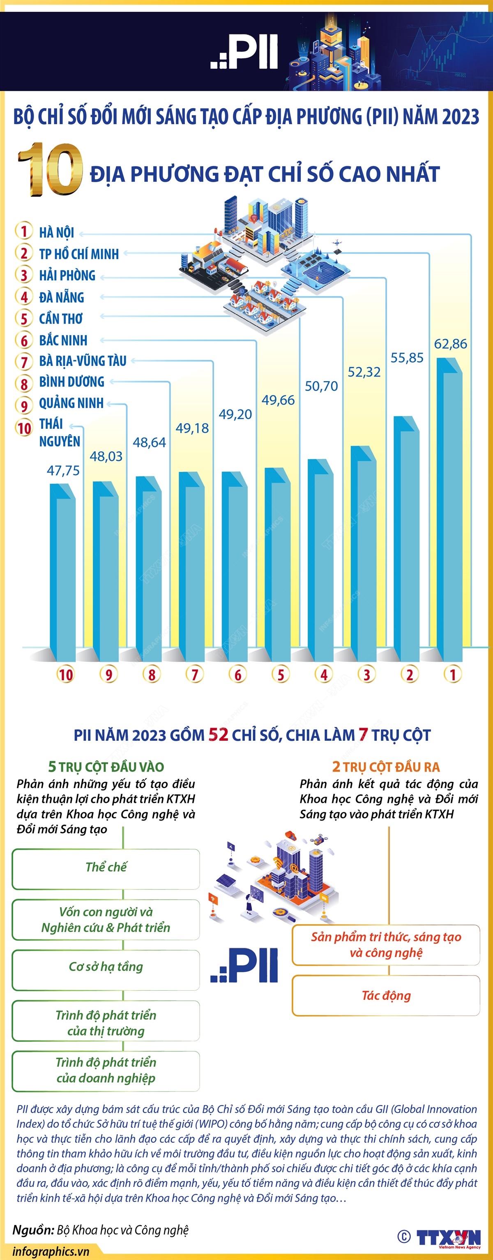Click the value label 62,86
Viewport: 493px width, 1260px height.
(451, 344)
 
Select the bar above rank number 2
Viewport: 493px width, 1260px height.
(406, 538)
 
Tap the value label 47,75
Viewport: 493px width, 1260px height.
(63, 471)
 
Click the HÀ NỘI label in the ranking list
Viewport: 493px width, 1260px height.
(57, 233)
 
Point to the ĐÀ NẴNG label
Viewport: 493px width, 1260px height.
(62, 297)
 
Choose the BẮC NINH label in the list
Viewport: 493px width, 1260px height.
(63, 340)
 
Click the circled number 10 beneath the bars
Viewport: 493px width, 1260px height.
(65, 675)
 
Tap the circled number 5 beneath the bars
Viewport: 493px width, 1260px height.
(281, 675)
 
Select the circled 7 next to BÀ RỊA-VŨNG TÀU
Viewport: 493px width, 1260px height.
(24, 362)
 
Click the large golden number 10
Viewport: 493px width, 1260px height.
(50, 170)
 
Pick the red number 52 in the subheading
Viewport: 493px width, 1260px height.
(219, 735)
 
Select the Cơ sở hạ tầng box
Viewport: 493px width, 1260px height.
(106, 967)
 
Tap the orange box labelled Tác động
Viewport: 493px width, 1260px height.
(386, 995)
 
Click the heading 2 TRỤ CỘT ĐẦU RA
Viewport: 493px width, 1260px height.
(386, 766)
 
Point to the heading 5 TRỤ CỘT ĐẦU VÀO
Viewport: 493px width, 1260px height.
(106, 766)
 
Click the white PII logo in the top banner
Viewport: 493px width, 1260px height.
(245, 52)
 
